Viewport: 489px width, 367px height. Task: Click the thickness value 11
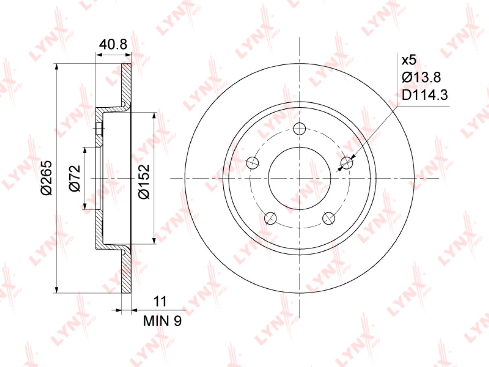tap(161, 302)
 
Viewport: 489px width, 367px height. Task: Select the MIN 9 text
tap(162, 321)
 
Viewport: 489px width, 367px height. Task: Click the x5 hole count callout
tap(409, 61)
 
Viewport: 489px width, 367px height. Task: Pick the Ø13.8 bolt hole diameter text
tap(421, 78)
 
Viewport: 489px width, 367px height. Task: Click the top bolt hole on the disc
tap(300, 129)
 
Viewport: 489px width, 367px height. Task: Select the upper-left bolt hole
tap(253, 163)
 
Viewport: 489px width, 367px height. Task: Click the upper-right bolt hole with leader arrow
tap(346, 163)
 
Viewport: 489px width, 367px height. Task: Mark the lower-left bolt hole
tap(271, 218)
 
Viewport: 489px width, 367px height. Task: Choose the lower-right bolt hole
tap(328, 218)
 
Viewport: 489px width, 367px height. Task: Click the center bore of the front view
tap(300, 178)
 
